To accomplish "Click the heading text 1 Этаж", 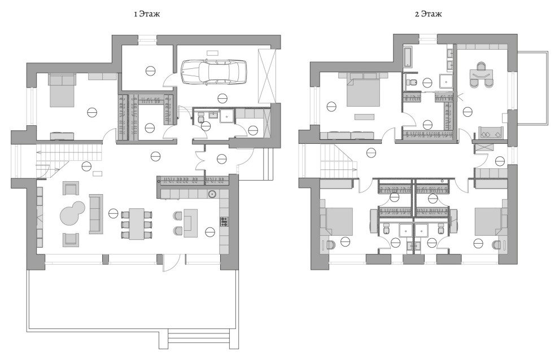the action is point(147,14).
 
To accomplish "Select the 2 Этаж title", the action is point(428,14).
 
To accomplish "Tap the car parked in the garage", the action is point(214,72).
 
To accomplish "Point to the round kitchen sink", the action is point(212,194).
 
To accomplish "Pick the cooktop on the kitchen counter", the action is point(224,222).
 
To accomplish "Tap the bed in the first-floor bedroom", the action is point(62,90).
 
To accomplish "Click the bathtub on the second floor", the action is point(408,56).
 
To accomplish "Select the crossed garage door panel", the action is point(268,76).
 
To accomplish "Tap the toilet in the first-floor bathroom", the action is point(200,117).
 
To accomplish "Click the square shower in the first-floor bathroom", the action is point(226,116).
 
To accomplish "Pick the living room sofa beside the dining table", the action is point(95,214).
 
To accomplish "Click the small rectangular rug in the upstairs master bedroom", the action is point(364,117).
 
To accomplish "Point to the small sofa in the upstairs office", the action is point(490,132).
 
